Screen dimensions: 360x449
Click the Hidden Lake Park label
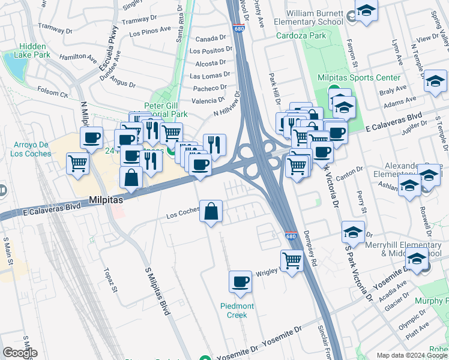34,50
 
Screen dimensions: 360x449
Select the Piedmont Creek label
238,310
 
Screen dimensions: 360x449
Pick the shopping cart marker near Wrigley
292,261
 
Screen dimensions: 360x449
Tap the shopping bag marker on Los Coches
211,211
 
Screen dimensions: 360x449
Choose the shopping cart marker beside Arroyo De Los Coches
78,163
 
